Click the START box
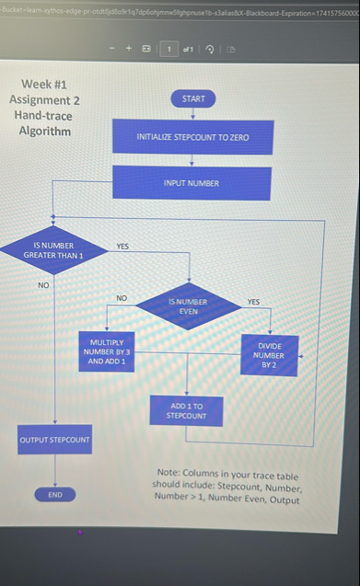click(193, 98)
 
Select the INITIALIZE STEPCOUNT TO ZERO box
click(192, 137)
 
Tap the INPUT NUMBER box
click(192, 183)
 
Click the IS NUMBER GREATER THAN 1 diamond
click(53, 250)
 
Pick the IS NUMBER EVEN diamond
click(189, 306)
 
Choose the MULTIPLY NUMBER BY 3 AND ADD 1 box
click(108, 351)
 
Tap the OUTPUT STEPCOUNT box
click(55, 440)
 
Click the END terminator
click(55, 495)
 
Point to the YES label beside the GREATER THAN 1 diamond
click(122, 247)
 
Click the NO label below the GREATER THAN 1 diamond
click(43, 286)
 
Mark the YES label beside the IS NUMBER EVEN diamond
click(254, 302)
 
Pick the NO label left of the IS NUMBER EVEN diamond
click(122, 298)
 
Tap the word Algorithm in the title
click(44, 131)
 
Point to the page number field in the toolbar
click(168, 49)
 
